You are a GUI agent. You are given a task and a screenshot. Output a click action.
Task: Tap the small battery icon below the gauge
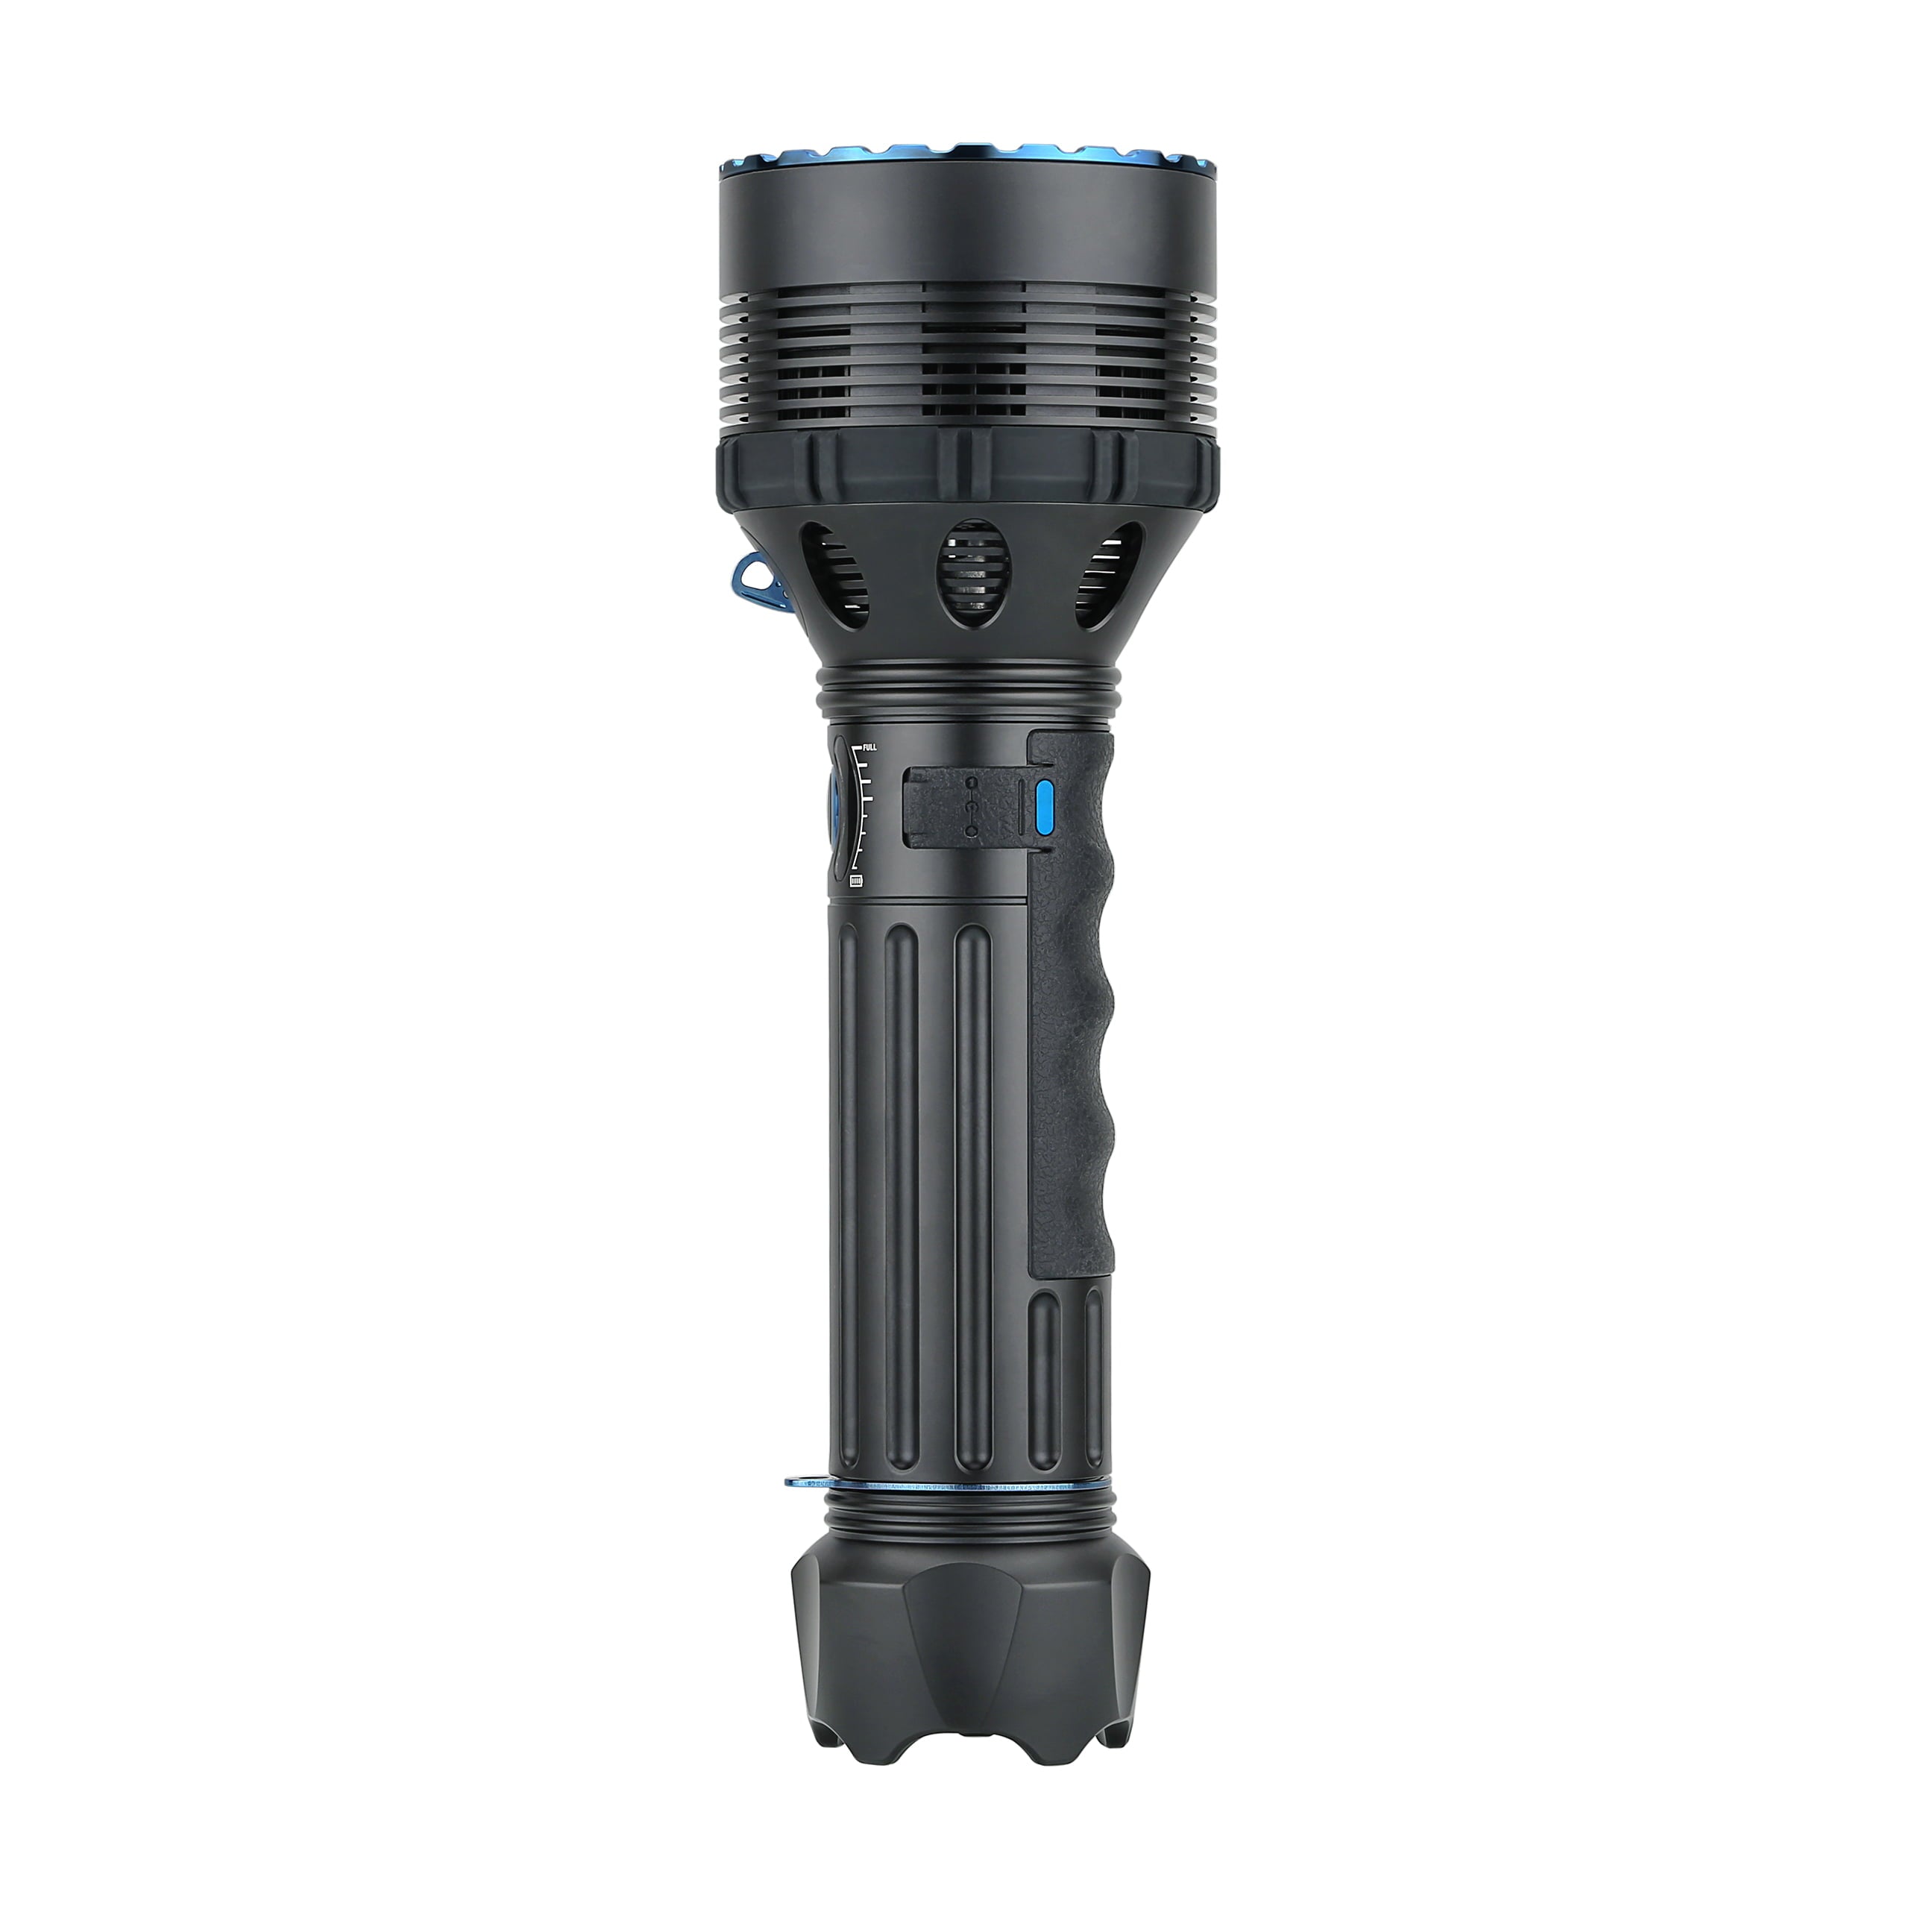(857, 881)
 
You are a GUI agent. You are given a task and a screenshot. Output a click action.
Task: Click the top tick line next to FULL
(857, 747)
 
